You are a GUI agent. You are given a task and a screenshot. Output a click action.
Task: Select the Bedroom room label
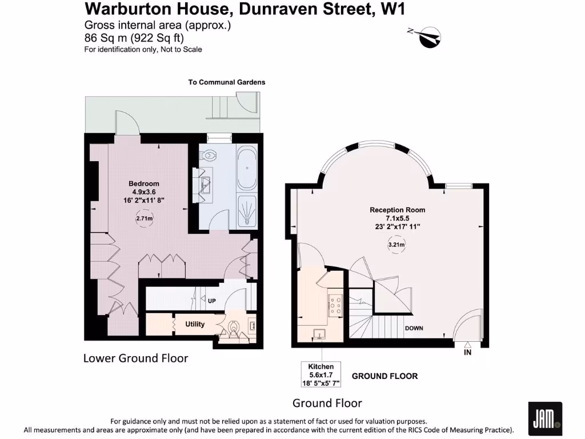click(x=143, y=183)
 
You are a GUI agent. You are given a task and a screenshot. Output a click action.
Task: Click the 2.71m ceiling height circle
click(x=144, y=218)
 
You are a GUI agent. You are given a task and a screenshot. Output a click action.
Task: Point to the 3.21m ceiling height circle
click(x=397, y=245)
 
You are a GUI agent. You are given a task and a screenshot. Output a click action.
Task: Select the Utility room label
click(x=195, y=324)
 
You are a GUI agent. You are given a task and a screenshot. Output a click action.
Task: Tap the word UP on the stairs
click(x=211, y=301)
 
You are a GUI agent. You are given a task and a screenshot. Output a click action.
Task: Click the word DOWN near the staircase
click(x=414, y=329)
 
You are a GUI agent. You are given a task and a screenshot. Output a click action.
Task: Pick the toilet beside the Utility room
click(x=234, y=328)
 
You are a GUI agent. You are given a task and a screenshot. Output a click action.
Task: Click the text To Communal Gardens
click(x=227, y=82)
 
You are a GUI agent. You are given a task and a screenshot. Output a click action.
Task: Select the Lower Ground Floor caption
click(x=135, y=358)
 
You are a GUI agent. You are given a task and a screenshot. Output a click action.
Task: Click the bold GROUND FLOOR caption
click(x=384, y=376)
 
